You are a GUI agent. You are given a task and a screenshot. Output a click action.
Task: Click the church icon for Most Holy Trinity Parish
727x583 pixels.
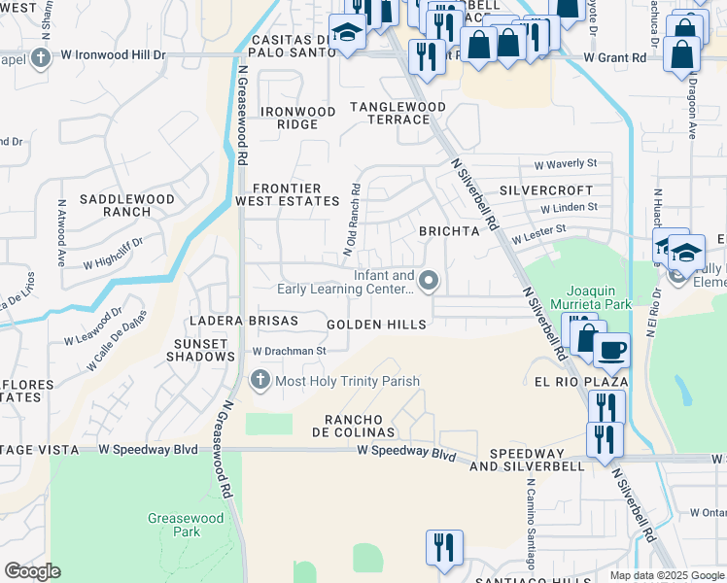(x=260, y=380)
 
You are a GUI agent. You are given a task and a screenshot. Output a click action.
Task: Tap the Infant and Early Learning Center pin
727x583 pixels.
(x=432, y=282)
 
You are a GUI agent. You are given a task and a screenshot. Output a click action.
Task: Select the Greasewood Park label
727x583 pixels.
(x=174, y=525)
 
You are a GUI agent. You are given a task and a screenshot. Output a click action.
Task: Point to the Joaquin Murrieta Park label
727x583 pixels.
(x=599, y=296)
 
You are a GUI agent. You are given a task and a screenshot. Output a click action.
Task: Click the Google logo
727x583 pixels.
(x=32, y=571)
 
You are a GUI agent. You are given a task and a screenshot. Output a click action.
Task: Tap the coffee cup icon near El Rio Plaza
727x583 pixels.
(x=611, y=350)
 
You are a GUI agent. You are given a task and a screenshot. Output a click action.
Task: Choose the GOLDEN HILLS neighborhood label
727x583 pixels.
(x=376, y=325)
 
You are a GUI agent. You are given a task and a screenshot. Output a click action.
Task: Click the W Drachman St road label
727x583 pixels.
(x=288, y=351)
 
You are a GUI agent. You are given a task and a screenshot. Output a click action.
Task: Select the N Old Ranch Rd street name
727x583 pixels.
(x=353, y=221)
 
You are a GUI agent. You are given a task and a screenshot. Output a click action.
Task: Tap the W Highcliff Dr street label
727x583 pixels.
(x=113, y=251)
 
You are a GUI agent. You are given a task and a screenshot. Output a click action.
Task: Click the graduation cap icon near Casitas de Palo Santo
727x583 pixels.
(x=346, y=32)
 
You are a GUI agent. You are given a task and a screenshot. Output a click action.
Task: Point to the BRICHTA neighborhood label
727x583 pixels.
(x=449, y=231)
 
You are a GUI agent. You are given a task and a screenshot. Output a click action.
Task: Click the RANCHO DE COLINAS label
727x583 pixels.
(x=353, y=426)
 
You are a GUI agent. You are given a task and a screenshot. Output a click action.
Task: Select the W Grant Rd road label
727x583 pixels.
(x=615, y=58)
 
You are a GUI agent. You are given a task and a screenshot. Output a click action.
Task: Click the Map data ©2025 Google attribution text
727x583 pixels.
(x=667, y=575)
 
